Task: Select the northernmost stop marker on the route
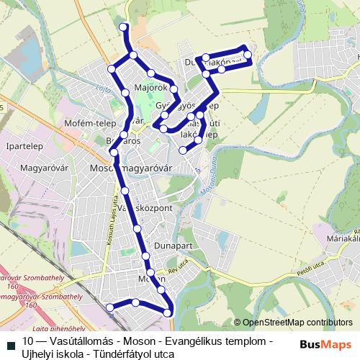(x=123, y=27)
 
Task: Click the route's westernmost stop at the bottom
(x=109, y=307)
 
